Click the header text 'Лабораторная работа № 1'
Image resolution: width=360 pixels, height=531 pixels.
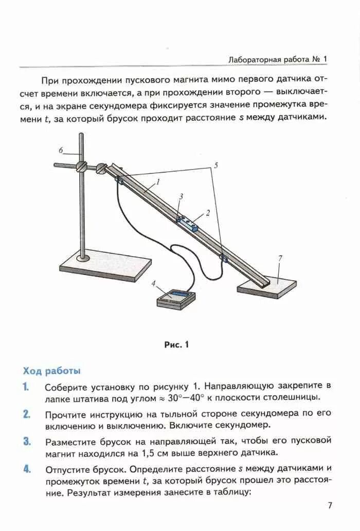click(x=277, y=60)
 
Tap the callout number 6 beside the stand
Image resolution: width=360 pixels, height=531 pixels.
click(x=61, y=150)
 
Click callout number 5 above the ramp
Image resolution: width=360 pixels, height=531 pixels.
click(x=216, y=165)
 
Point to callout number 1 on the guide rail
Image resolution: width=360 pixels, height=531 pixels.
click(x=158, y=181)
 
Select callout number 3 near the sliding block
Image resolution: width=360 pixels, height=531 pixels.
click(x=181, y=196)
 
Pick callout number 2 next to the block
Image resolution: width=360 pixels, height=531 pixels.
click(x=208, y=212)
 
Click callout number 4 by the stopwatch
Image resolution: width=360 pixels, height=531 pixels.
click(x=153, y=282)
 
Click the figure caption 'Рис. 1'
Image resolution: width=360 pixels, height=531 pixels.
click(x=177, y=345)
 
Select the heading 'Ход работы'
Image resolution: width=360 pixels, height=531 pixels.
click(x=51, y=371)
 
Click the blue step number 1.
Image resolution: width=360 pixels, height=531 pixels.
click(x=25, y=387)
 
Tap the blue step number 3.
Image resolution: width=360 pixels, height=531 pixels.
click(x=26, y=442)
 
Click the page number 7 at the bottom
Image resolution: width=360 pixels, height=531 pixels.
click(x=330, y=505)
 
